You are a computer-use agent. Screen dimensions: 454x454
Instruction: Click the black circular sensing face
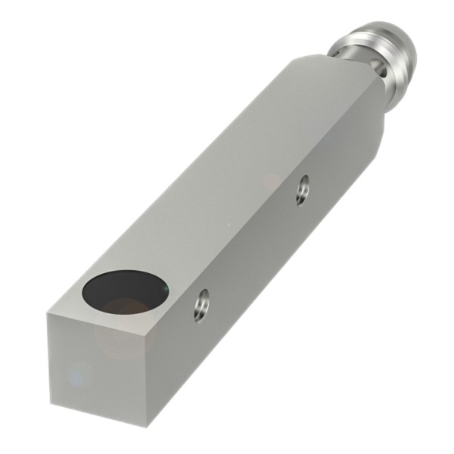[x=126, y=291]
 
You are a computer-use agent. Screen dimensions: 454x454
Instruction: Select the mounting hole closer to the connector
[x=303, y=188]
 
